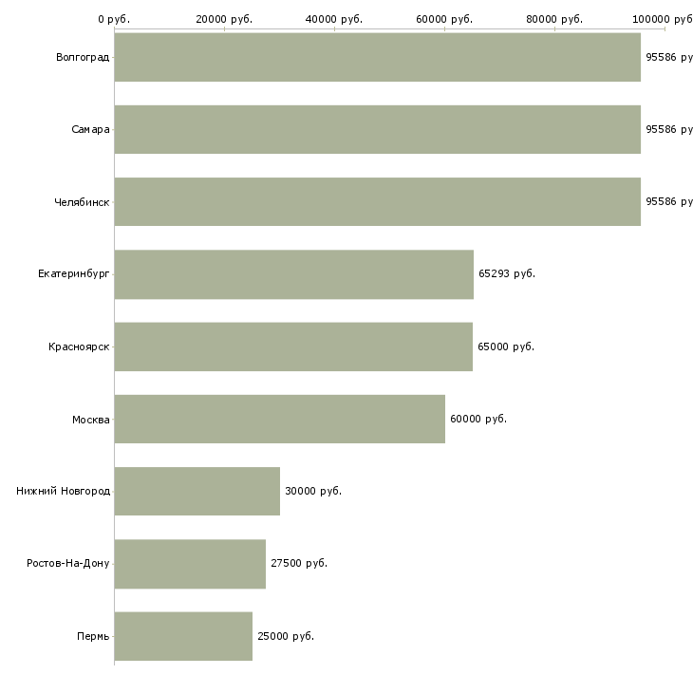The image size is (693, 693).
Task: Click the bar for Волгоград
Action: (x=377, y=57)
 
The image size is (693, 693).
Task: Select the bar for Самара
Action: (x=377, y=129)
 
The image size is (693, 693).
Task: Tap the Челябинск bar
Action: (x=377, y=201)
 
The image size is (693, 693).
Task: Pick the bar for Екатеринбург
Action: (x=293, y=274)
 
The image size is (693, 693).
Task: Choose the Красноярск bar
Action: (x=293, y=346)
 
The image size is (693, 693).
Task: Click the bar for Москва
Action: (x=279, y=419)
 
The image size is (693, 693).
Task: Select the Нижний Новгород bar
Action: (x=197, y=491)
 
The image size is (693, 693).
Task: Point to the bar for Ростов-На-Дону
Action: (x=190, y=564)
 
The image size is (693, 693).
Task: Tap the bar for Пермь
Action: (x=183, y=636)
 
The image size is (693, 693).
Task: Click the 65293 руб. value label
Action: (x=507, y=274)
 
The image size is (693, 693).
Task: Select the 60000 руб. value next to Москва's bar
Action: (x=478, y=419)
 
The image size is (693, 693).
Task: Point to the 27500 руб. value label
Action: (x=299, y=564)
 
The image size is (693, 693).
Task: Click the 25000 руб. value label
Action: (x=286, y=636)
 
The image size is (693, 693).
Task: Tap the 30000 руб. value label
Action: (x=313, y=491)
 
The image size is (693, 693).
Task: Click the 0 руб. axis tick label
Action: (x=114, y=19)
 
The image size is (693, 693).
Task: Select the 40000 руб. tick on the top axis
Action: (x=334, y=19)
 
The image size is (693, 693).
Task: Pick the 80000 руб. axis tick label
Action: (x=554, y=19)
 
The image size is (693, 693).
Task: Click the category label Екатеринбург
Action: (x=74, y=274)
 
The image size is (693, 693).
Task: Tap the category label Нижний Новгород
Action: (x=63, y=491)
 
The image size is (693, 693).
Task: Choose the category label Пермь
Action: (x=93, y=636)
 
